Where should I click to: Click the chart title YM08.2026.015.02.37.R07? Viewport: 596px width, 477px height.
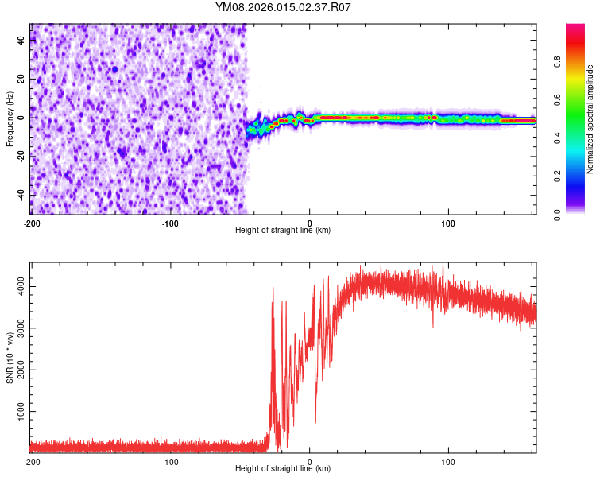point(283,7)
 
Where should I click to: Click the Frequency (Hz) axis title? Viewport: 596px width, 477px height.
point(10,118)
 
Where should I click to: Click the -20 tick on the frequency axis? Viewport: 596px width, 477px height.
point(21,157)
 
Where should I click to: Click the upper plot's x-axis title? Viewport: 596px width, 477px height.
point(283,231)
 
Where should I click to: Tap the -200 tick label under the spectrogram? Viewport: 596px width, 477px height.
point(32,223)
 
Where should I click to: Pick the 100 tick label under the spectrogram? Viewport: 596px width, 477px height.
point(448,223)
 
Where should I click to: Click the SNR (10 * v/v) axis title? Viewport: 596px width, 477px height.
point(10,358)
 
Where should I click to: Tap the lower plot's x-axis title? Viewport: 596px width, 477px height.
point(283,469)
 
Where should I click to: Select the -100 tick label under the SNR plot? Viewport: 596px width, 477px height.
point(171,461)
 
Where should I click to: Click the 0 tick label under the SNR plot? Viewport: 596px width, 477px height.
point(310,461)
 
